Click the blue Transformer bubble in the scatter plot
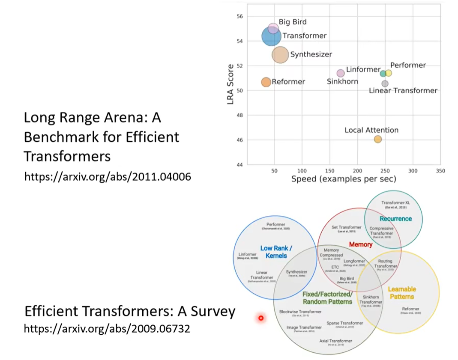[271, 36]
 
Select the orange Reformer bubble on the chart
[266, 82]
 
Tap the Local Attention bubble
[377, 139]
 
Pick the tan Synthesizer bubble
[280, 55]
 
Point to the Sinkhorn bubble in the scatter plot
[341, 73]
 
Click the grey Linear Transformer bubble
[385, 83]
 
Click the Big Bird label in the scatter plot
[293, 22]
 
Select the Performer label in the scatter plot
[408, 65]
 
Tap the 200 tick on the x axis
[357, 171]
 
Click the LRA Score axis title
[230, 84]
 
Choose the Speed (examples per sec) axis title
[344, 179]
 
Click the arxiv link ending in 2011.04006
[107, 176]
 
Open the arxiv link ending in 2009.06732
[107, 329]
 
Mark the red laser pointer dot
[260, 318]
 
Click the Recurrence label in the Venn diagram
[395, 218]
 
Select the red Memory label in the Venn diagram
[360, 244]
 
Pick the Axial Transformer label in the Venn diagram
[336, 341]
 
